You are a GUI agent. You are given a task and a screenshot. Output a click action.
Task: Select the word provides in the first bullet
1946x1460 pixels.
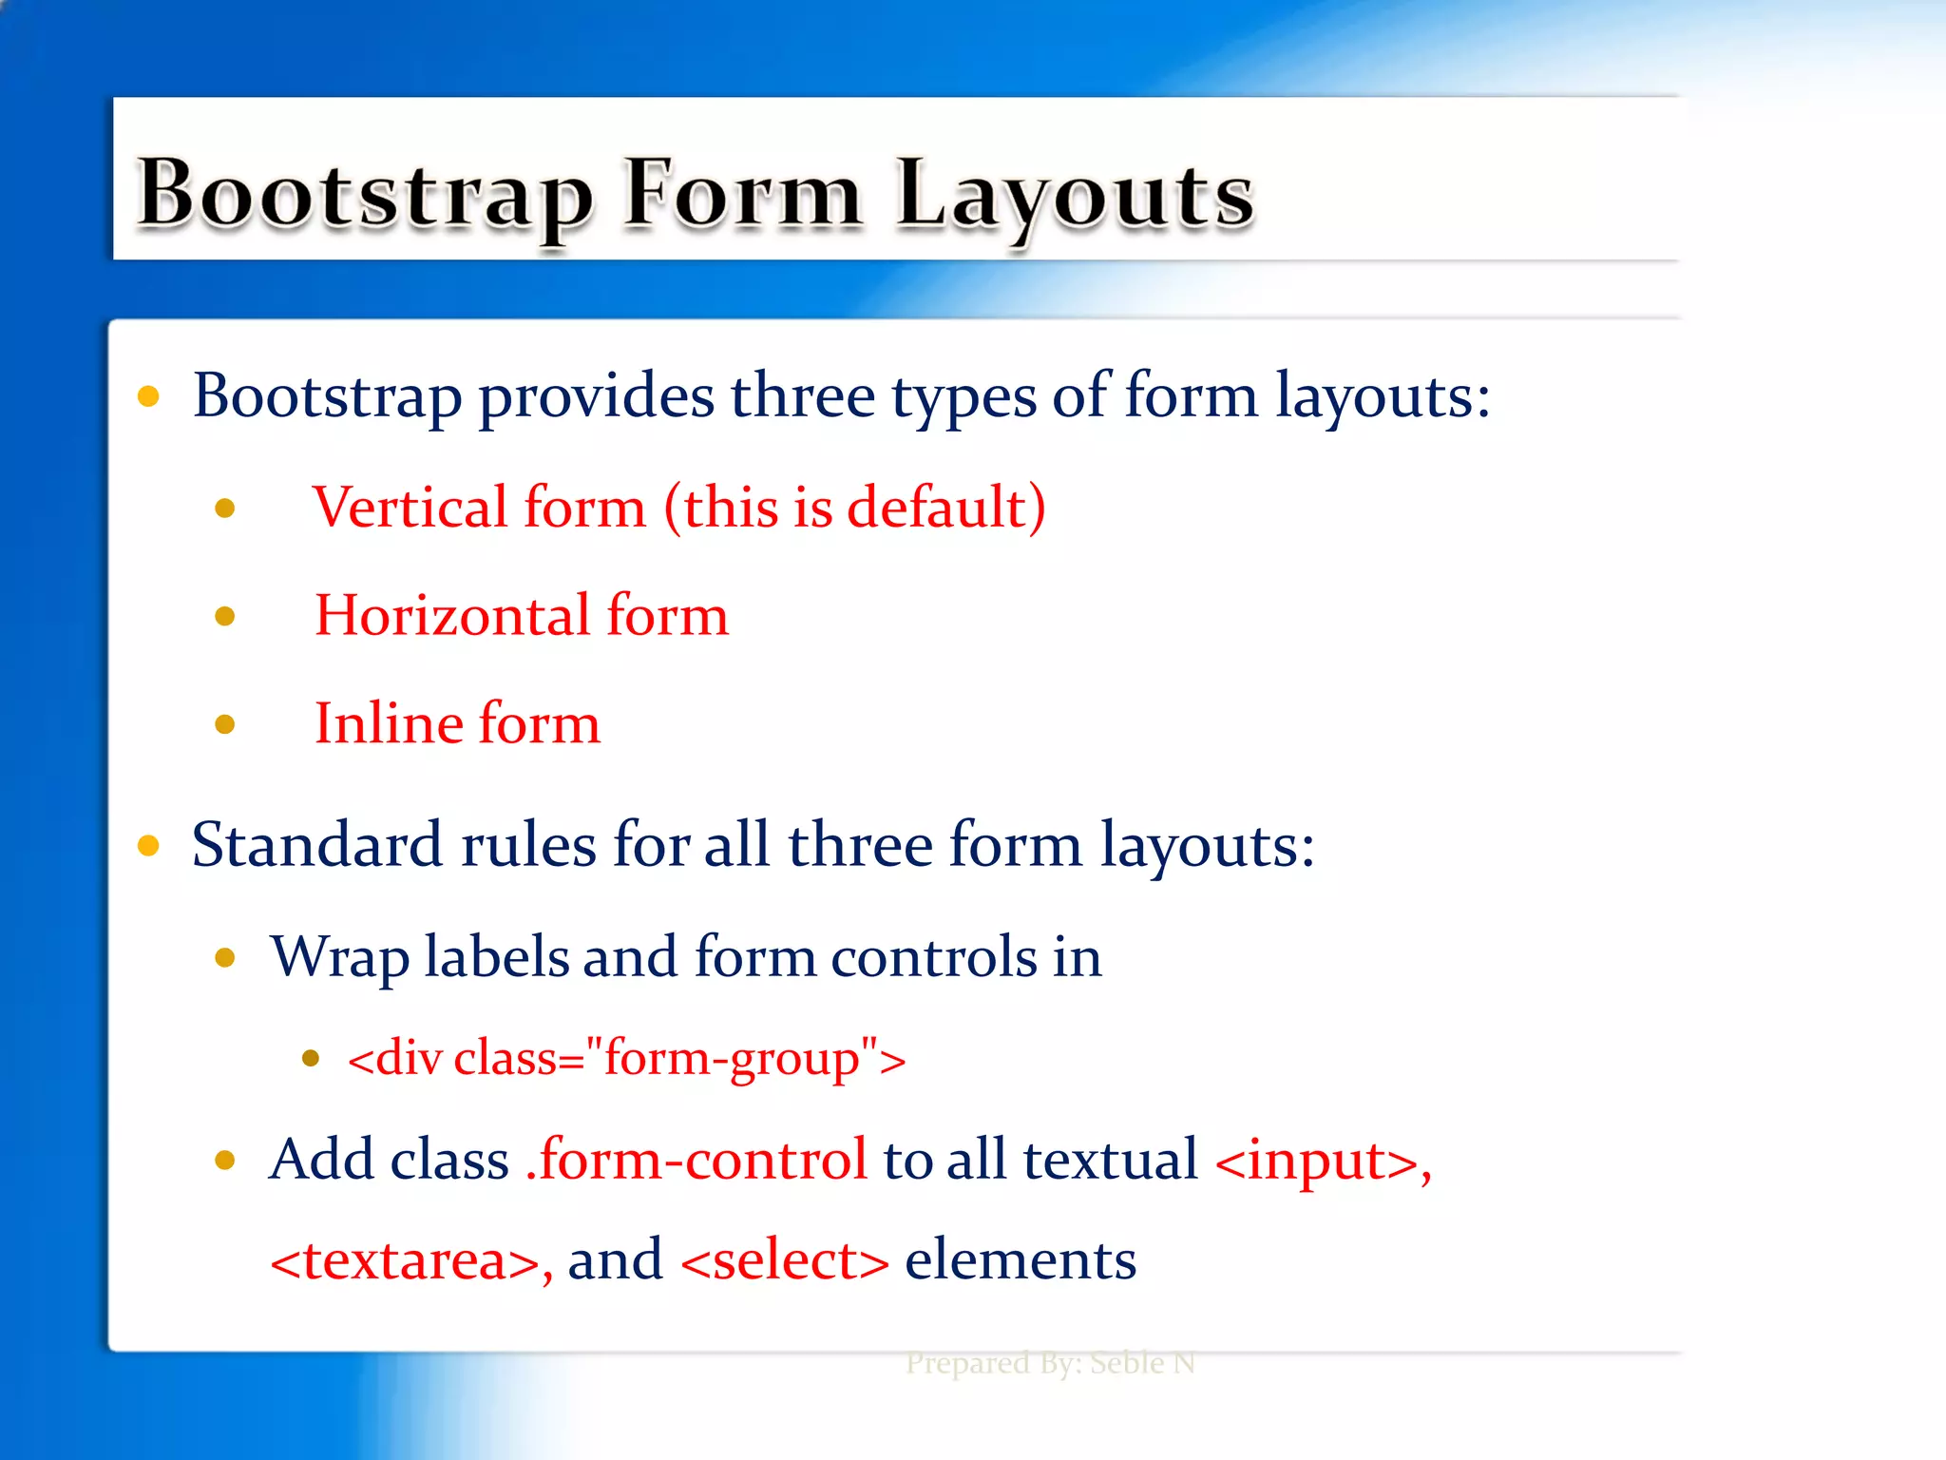tap(596, 396)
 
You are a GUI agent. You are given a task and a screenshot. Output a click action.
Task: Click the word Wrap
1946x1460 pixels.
tap(339, 958)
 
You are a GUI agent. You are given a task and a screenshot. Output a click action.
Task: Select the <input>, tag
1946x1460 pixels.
tap(1323, 1162)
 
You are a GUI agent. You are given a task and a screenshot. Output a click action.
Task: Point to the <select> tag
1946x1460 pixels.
tap(784, 1261)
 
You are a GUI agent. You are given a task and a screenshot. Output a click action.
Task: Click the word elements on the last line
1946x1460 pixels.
tap(1020, 1261)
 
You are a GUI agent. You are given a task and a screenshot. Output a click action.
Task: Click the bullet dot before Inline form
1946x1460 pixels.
tap(225, 725)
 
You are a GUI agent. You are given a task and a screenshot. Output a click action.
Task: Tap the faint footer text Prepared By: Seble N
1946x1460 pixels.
tap(1050, 1363)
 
